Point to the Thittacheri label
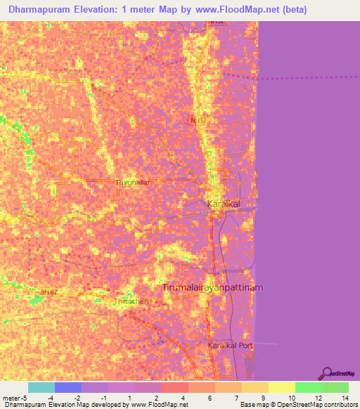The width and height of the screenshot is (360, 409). point(131,301)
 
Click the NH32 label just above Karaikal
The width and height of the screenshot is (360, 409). point(198,121)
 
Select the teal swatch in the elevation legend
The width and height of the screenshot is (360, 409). point(41,387)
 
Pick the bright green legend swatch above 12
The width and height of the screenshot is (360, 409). point(309,387)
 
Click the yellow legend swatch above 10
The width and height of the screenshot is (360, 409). point(282,387)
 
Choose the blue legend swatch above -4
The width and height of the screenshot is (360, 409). point(68,387)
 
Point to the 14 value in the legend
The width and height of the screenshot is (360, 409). point(345,397)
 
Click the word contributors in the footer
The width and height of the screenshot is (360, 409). point(338,405)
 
